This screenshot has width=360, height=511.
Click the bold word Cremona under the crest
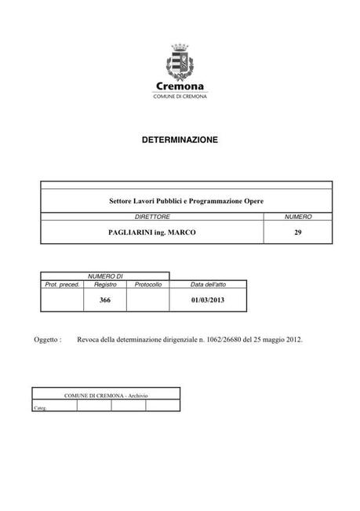click(x=180, y=87)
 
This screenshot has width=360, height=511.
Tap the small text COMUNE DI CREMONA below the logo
click(x=180, y=97)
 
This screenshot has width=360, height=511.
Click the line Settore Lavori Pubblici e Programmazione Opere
click(x=186, y=202)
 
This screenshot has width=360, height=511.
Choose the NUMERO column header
click(x=298, y=215)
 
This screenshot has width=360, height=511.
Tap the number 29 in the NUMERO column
click(x=298, y=232)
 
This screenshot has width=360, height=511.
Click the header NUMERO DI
click(x=105, y=276)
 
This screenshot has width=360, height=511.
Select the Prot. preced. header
click(x=63, y=284)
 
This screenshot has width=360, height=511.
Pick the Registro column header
click(x=105, y=284)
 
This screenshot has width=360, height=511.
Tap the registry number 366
click(x=105, y=300)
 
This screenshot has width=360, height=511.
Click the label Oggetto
click(x=48, y=341)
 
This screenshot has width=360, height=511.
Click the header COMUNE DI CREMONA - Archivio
click(x=106, y=395)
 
